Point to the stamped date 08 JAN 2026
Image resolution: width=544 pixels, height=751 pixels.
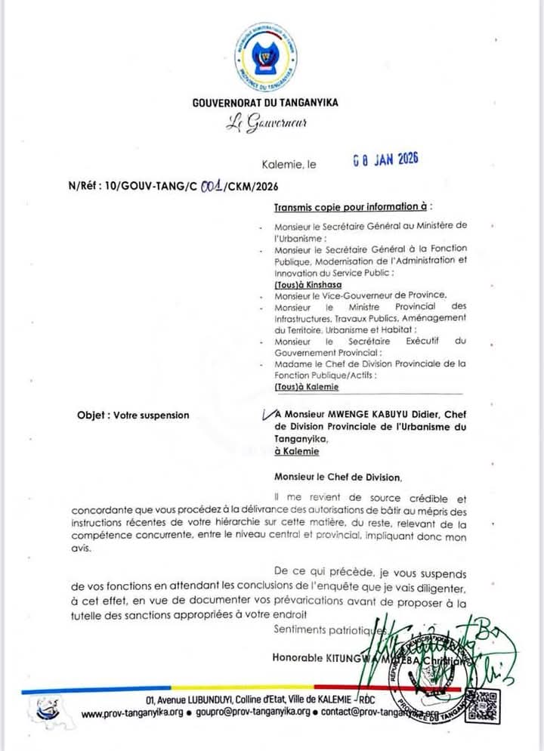[x=385, y=160]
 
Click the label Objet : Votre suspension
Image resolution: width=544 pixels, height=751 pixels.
[x=133, y=415]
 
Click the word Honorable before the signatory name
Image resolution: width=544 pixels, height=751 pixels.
[x=300, y=657]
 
